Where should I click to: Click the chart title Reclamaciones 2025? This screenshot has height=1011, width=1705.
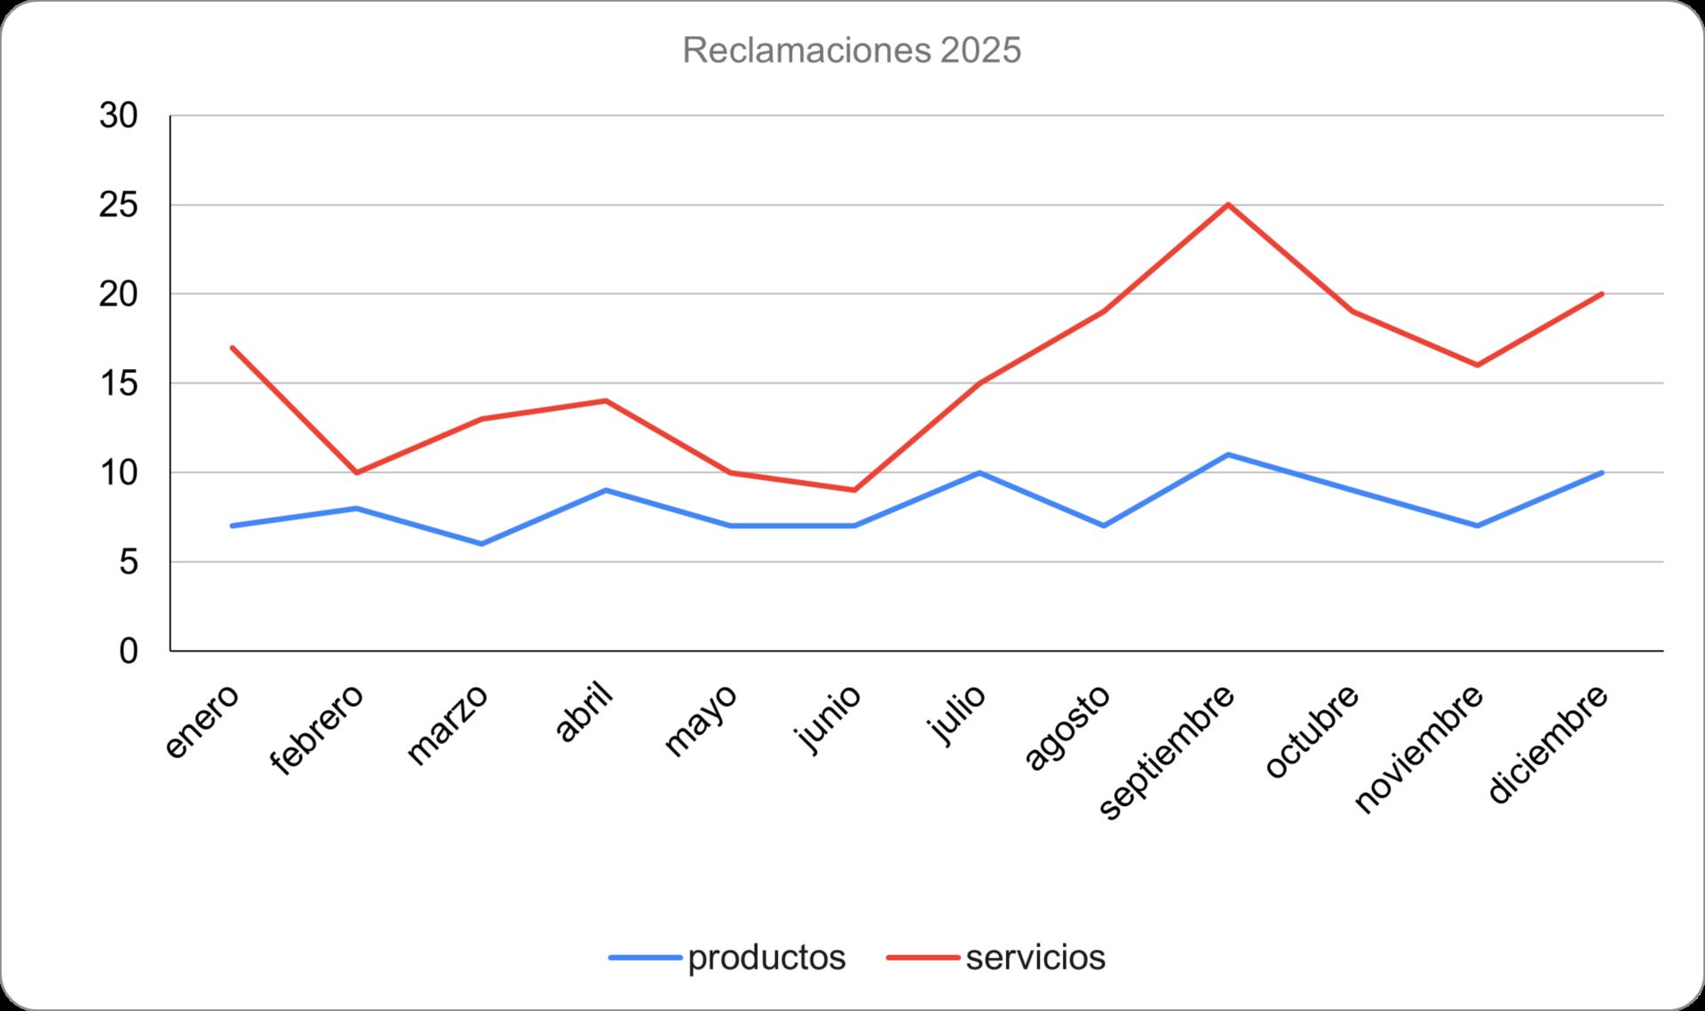(852, 51)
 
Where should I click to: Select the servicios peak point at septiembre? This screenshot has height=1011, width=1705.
(1228, 205)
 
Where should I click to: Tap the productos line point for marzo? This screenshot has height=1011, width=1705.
(481, 543)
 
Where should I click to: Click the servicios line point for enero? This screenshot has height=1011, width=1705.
(232, 347)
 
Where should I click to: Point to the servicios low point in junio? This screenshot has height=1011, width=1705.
(854, 490)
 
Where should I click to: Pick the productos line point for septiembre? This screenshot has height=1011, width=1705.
(1228, 454)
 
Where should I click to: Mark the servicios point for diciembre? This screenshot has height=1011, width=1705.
(1602, 294)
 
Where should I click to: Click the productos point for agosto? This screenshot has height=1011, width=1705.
(1104, 525)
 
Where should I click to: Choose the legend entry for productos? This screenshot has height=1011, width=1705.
(728, 958)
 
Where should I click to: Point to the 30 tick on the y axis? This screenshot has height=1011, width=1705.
(119, 115)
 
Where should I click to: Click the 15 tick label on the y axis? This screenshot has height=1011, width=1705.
(119, 383)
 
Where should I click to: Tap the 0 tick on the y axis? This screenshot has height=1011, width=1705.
(129, 651)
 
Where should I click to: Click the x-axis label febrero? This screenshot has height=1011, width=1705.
(318, 730)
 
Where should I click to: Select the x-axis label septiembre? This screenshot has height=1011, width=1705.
(1167, 752)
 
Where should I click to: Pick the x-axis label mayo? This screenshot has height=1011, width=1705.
(701, 720)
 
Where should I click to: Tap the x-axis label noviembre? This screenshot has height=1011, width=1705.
(1419, 748)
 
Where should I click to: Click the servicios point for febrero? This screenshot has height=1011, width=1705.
(356, 472)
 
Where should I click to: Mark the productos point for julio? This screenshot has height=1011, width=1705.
(979, 472)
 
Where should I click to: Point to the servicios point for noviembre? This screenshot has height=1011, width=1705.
(1477, 365)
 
